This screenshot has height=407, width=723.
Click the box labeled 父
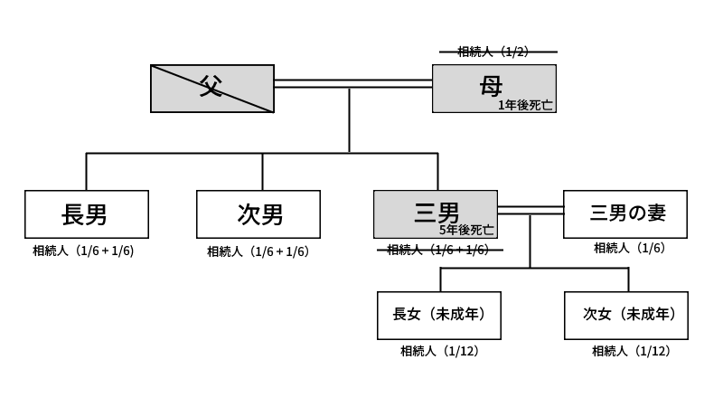[x=211, y=89]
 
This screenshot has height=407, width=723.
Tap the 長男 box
[x=86, y=214]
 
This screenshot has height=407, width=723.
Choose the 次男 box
[x=258, y=214]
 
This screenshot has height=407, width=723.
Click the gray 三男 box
[x=436, y=213]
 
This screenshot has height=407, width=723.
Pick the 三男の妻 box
[x=625, y=213]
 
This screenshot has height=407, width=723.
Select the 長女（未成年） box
[x=439, y=315]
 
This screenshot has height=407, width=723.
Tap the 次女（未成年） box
[x=625, y=315]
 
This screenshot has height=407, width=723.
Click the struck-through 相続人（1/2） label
[x=493, y=52]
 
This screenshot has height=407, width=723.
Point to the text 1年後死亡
[x=526, y=105]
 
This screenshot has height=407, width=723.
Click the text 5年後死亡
[x=466, y=231]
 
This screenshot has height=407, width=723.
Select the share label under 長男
[x=83, y=251]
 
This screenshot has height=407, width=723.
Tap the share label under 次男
[x=258, y=251]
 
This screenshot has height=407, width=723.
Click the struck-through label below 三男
[x=437, y=250]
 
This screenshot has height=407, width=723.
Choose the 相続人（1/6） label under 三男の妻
[x=629, y=248]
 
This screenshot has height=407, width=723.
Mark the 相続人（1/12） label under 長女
[x=439, y=351]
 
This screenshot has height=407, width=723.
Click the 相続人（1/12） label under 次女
[x=631, y=351]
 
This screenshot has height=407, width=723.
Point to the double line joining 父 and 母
[x=352, y=83]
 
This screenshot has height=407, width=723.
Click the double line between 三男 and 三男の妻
[x=530, y=211]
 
